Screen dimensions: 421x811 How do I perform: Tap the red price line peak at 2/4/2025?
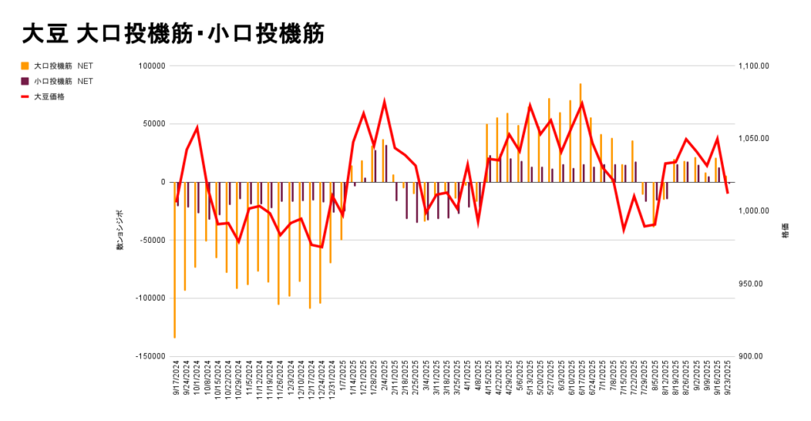[384, 102]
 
